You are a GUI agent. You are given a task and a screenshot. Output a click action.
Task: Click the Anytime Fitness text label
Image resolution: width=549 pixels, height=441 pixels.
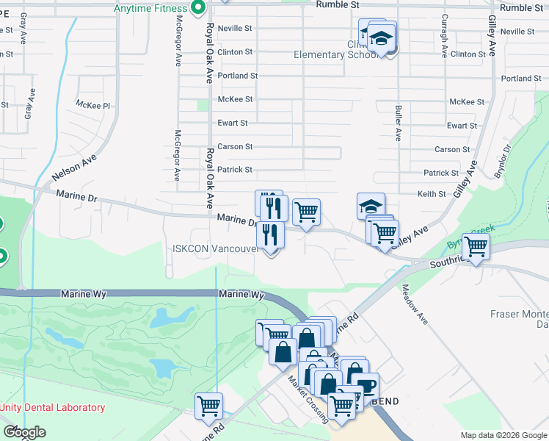click(150, 9)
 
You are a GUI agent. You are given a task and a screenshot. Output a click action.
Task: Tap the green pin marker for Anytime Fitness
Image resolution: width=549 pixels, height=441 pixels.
click(197, 8)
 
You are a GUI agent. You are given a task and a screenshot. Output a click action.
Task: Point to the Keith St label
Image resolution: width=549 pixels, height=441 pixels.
click(432, 194)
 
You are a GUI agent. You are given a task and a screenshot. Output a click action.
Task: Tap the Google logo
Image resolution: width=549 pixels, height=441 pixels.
click(23, 432)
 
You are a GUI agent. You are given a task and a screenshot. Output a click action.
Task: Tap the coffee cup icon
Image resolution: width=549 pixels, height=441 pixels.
click(366, 385)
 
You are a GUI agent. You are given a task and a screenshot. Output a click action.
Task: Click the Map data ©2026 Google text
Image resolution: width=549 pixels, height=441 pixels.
click(503, 435)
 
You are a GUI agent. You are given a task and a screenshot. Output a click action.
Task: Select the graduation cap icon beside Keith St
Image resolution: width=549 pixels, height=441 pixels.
click(371, 205)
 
